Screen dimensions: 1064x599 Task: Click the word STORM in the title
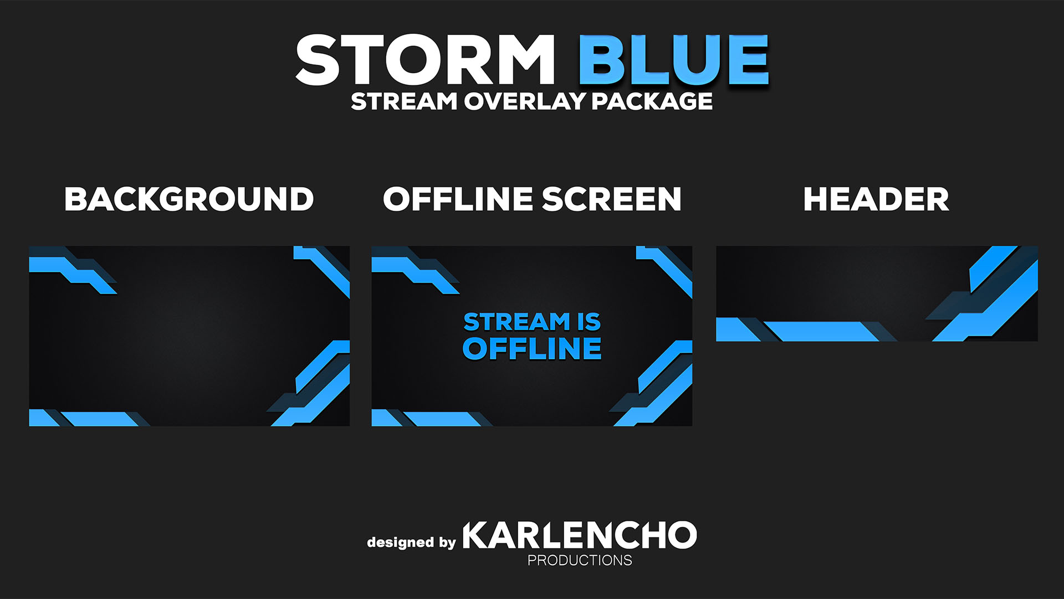tap(425, 59)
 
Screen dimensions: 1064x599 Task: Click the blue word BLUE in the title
tap(674, 59)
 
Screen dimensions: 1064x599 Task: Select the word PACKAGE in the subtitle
tap(652, 101)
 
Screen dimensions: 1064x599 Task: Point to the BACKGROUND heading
tap(189, 199)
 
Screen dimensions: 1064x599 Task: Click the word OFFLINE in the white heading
tap(458, 199)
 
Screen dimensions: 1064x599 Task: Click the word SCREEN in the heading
tap(611, 199)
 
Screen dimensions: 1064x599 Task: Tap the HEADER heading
tap(876, 199)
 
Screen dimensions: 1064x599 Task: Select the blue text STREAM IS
tap(532, 322)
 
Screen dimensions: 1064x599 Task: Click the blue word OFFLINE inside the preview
tap(532, 349)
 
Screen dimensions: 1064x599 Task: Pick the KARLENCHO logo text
tap(579, 535)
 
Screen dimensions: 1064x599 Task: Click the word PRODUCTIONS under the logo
tap(580, 561)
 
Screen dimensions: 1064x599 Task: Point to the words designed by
tap(411, 542)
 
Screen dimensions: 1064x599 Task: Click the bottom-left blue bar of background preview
tap(100, 419)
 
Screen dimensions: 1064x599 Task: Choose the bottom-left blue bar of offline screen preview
tap(442, 419)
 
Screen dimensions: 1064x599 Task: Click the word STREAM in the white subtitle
tap(404, 101)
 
